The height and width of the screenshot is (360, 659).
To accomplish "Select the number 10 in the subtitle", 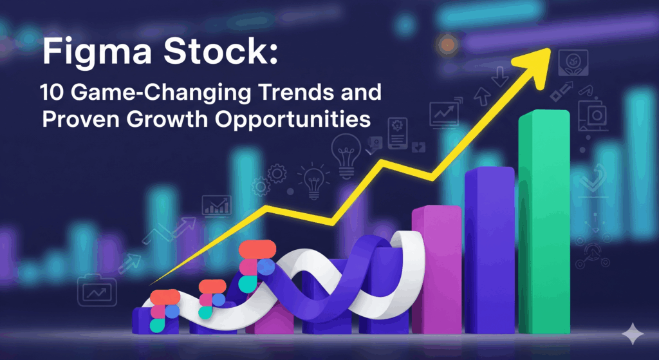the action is [53, 93].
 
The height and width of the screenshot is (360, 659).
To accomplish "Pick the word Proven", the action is [80, 119].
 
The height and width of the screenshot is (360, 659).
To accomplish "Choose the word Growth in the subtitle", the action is [168, 119].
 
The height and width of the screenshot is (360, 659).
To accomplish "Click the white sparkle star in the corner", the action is [633, 334].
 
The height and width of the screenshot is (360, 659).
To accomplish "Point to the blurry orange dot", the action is [447, 44].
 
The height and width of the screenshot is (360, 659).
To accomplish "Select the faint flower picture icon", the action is [573, 62].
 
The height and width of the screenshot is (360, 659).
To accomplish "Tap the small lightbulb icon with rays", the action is [313, 180].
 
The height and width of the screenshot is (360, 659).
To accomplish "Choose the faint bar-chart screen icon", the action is [216, 205].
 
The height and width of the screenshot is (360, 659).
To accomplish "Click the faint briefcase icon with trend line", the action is [97, 290].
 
